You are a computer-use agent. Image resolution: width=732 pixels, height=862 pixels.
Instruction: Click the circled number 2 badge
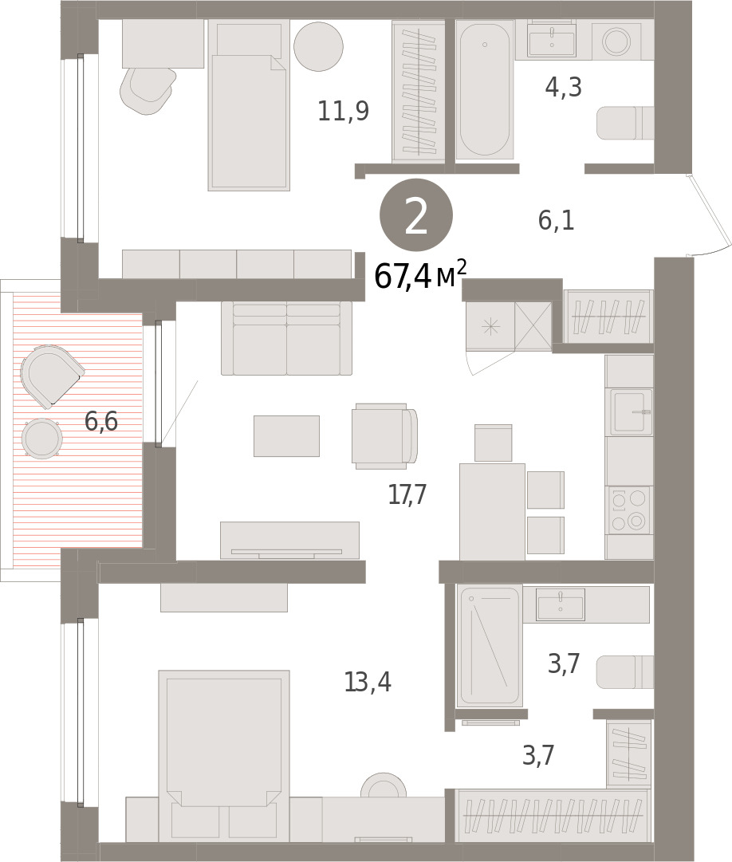(416, 215)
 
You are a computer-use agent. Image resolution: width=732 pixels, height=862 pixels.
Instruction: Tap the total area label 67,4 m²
(420, 275)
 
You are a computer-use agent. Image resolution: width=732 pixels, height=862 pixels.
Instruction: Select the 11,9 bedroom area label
(344, 111)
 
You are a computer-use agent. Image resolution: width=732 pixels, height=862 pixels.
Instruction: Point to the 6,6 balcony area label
(102, 421)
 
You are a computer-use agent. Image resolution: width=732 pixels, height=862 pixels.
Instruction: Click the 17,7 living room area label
(407, 494)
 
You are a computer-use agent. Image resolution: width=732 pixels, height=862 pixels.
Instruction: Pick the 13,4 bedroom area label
(368, 683)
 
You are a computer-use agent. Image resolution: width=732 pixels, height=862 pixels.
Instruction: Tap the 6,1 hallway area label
(556, 220)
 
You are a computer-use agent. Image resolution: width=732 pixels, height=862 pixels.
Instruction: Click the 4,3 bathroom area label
(563, 87)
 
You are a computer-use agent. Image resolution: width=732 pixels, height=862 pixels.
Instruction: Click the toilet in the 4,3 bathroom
(625, 123)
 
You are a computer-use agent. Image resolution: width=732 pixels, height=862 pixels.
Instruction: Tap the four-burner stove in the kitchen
(629, 510)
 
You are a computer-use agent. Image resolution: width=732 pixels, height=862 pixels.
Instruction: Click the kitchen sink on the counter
(630, 411)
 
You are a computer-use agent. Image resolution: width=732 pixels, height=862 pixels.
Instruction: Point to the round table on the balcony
(41, 438)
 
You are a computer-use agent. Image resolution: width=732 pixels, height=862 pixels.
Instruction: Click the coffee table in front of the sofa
(286, 436)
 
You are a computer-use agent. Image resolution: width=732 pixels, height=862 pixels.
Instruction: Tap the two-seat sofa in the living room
(286, 338)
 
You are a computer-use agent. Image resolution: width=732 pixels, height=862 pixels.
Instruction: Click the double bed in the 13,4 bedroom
(223, 757)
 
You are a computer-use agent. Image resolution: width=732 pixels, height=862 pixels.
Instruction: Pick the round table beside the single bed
(319, 46)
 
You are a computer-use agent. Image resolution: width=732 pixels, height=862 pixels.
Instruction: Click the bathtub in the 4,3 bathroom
(484, 89)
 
